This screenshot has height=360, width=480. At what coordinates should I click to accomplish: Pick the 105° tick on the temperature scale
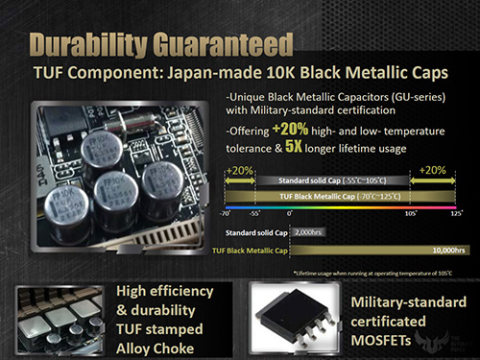pos(410,213)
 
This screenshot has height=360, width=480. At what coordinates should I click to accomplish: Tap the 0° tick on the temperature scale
pos(289,213)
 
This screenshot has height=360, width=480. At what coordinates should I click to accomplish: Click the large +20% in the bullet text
pos(289,129)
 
